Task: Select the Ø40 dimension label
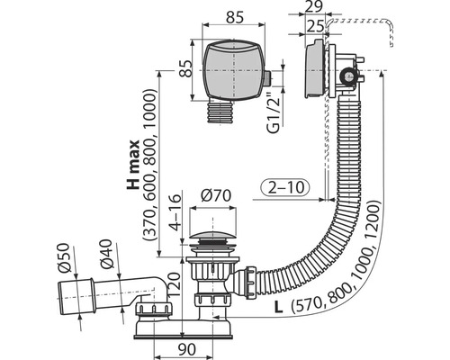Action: point(106,254)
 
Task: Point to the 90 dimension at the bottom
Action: point(186,349)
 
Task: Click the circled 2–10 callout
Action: point(284,187)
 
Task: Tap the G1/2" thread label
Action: point(274,112)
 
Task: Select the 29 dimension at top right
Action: point(314,6)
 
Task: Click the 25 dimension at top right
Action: point(315,26)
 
